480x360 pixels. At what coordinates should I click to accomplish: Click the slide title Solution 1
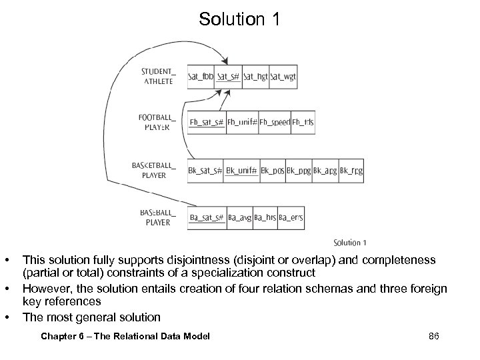(240, 20)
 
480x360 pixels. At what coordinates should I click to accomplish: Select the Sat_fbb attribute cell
(200, 77)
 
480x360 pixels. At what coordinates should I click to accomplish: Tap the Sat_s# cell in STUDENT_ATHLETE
(228, 77)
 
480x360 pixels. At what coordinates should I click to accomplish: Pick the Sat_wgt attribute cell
(283, 77)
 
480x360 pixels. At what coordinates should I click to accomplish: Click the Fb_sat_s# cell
(206, 122)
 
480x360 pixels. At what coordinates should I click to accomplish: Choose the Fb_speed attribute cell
(274, 122)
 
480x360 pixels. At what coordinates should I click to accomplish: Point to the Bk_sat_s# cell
(205, 171)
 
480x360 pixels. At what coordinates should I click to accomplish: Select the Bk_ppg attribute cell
(299, 171)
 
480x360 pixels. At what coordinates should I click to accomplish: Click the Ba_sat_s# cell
(206, 217)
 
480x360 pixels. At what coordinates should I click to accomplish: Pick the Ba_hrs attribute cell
(265, 217)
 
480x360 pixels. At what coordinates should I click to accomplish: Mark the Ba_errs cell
(291, 217)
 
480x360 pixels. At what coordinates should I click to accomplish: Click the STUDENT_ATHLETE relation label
(158, 75)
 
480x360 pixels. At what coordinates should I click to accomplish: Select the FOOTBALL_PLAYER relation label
(157, 121)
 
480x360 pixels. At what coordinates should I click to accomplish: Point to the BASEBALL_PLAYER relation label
(158, 217)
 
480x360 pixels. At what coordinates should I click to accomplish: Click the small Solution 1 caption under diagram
(350, 243)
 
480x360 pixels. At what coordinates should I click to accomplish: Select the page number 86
(433, 336)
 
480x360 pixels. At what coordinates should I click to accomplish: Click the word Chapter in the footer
(58, 336)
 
